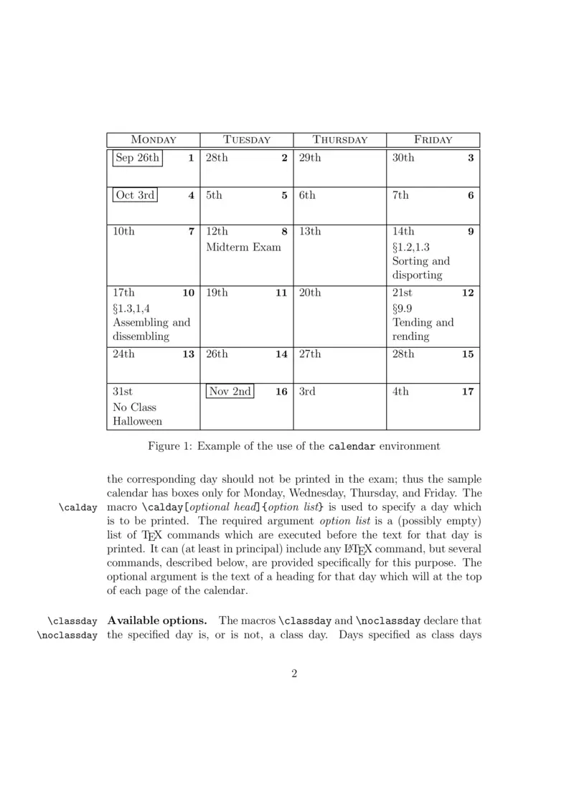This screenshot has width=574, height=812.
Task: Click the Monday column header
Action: coord(153,140)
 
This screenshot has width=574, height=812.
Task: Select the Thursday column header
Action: coord(340,140)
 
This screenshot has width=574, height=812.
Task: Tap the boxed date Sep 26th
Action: coord(137,158)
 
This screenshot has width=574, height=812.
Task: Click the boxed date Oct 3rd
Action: coord(135,194)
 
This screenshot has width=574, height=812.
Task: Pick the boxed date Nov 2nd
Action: coord(230,392)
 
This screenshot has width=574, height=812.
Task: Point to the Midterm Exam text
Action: coord(243,247)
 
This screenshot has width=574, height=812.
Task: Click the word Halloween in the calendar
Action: coord(137,422)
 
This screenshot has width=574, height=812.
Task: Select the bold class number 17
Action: coord(467,392)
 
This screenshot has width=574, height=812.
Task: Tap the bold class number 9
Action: coord(471,232)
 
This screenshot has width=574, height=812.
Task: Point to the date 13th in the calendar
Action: coord(310,231)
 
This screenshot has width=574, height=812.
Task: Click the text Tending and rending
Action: coord(423,329)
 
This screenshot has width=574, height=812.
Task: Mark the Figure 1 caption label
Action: coord(169,446)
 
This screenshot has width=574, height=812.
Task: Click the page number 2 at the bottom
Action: coord(294,674)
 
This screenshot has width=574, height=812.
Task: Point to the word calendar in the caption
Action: coord(352,446)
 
